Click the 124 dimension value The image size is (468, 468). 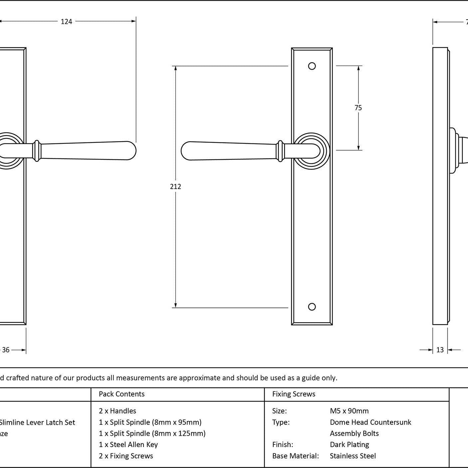[66, 22]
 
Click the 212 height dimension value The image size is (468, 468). [175, 187]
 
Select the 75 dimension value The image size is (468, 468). [358, 108]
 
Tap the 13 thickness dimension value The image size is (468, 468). [440, 350]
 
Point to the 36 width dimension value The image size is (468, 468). [6, 350]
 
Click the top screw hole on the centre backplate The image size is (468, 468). [312, 66]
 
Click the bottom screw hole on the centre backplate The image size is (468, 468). [312, 307]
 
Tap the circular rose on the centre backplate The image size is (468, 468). [312, 151]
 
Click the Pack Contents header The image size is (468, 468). [121, 394]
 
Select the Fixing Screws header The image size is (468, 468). [294, 394]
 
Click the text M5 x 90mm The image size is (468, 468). [349, 411]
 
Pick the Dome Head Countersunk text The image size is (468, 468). [370, 422]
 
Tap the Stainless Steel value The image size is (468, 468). [353, 456]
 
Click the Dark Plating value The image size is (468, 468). [350, 445]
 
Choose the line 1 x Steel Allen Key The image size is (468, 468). [128, 445]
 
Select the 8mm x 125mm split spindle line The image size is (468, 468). [152, 433]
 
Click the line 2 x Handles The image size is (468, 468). [117, 411]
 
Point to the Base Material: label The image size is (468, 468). [296, 456]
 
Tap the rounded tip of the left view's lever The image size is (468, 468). [132, 151]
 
